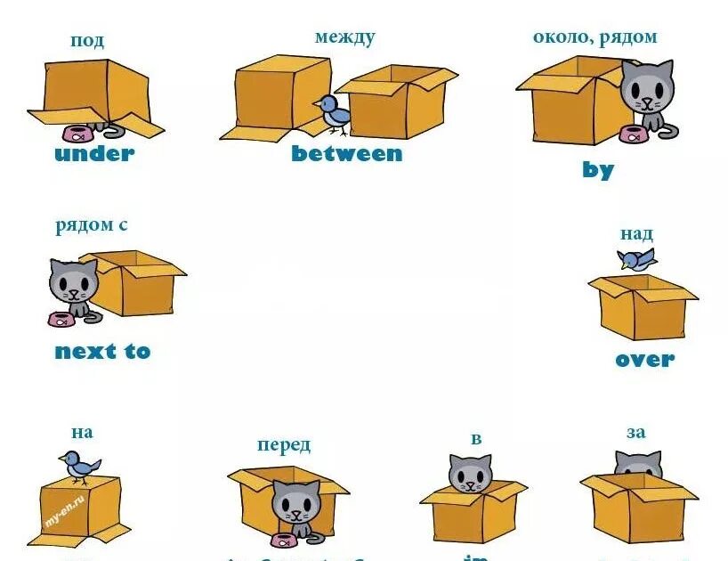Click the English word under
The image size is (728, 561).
point(93,154)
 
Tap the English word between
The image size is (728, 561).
point(346,154)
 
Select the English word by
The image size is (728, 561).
point(598,169)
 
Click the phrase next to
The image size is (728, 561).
point(102,352)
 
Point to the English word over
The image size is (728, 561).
point(644,360)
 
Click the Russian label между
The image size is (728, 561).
point(344,37)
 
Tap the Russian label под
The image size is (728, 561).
point(87,40)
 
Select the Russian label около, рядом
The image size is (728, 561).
point(595,37)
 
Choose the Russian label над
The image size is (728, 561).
point(636,234)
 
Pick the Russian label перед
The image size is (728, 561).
point(284,444)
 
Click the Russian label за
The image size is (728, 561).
point(635,433)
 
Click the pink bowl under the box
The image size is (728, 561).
point(78,134)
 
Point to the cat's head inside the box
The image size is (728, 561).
point(470,473)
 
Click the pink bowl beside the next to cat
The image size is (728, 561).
point(61,318)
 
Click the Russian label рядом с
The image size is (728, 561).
point(91,225)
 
